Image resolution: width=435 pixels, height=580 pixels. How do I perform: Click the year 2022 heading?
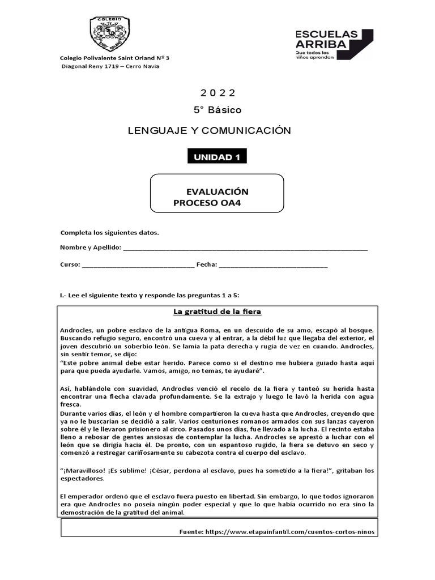217,93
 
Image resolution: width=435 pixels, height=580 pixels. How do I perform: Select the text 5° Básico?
217,110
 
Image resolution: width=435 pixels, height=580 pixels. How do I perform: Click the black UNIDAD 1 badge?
217,157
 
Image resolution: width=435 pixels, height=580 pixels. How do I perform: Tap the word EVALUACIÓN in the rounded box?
217,191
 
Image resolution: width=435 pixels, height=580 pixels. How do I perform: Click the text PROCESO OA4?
207,203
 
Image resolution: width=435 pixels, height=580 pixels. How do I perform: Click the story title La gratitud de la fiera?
217,312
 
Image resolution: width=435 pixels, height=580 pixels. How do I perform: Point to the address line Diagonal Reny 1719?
110,66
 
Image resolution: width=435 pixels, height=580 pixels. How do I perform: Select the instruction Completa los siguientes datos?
109,232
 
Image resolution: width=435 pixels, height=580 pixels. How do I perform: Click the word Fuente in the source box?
191,533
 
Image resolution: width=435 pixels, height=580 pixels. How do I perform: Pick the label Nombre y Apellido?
89,248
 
